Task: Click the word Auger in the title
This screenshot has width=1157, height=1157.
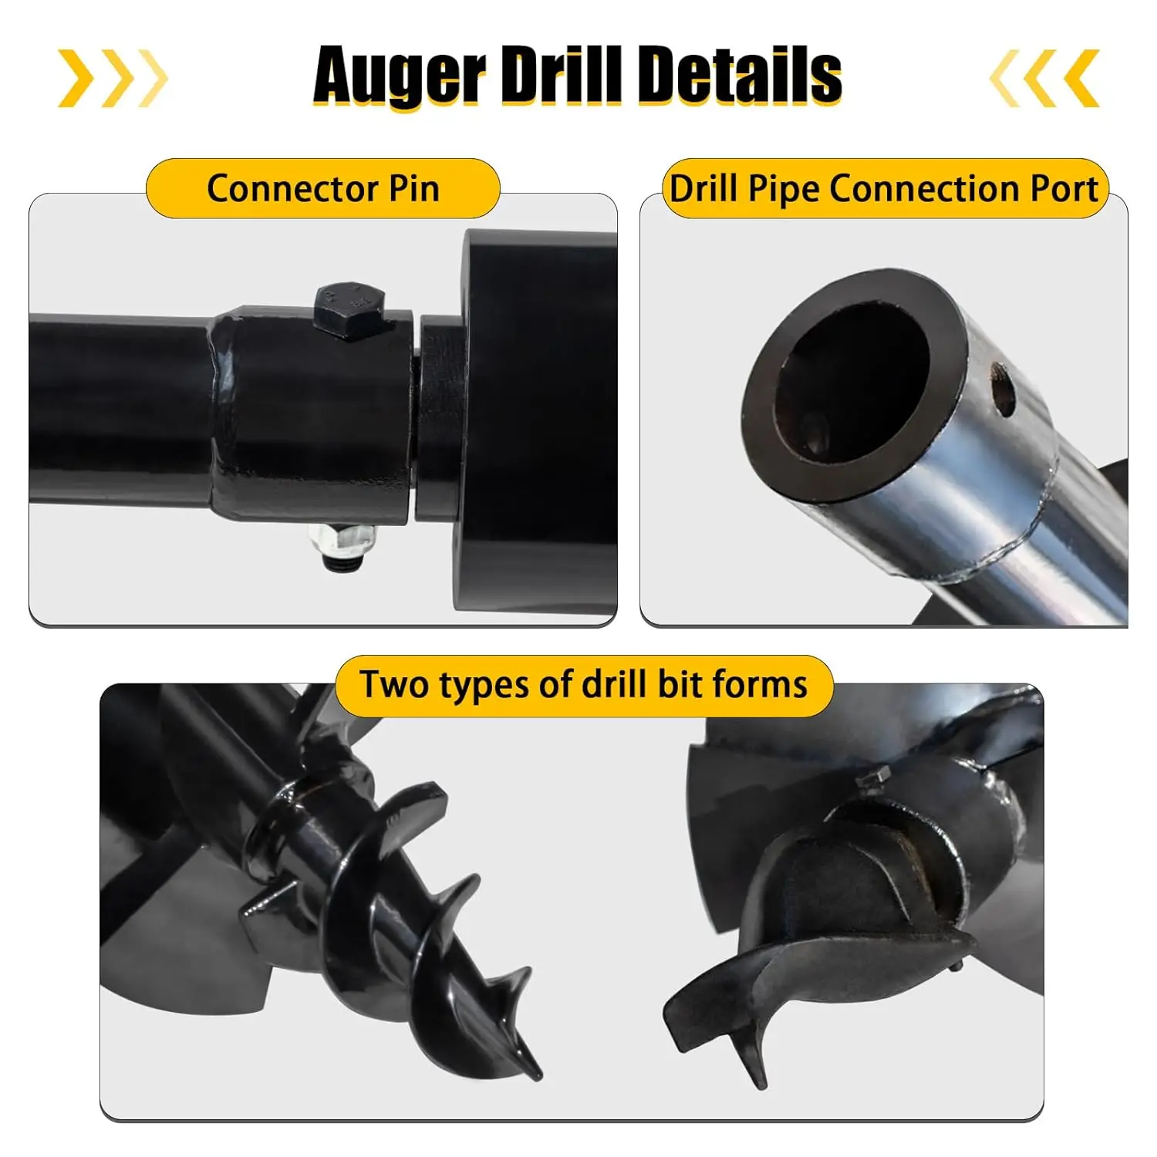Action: tap(399, 76)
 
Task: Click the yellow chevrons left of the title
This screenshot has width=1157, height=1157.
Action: tap(113, 78)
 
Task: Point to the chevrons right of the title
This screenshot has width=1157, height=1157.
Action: tap(1045, 78)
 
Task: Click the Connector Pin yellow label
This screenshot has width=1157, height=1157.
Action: tap(323, 189)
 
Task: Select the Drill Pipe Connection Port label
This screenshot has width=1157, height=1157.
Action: tap(884, 189)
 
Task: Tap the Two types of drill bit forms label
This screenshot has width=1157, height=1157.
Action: tap(584, 685)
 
